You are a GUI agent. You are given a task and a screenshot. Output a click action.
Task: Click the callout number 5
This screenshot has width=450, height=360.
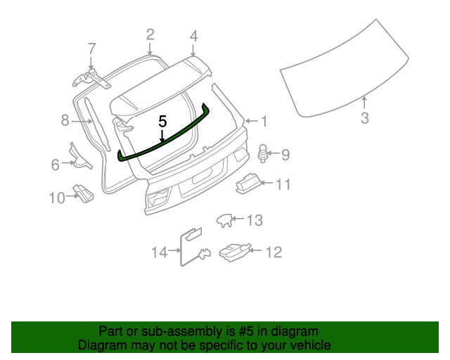(x=162, y=122)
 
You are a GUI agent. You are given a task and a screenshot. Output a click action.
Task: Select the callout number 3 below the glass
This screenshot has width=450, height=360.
(x=364, y=118)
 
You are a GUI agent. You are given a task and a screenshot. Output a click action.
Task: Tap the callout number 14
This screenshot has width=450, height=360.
(x=160, y=251)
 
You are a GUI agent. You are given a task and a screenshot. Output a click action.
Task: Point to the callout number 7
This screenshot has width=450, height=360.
(x=91, y=49)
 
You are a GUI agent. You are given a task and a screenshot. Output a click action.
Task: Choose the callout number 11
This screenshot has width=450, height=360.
(x=283, y=185)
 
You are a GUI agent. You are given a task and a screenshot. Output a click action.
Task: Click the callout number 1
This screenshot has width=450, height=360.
(x=264, y=122)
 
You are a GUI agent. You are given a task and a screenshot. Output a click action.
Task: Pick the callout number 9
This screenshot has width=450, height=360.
(x=285, y=153)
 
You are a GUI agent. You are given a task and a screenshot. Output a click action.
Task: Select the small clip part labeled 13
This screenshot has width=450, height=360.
(x=224, y=220)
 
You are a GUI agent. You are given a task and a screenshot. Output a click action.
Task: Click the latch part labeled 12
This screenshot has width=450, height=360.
(x=232, y=250)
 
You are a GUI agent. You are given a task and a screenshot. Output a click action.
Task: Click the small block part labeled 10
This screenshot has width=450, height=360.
(x=84, y=194)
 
